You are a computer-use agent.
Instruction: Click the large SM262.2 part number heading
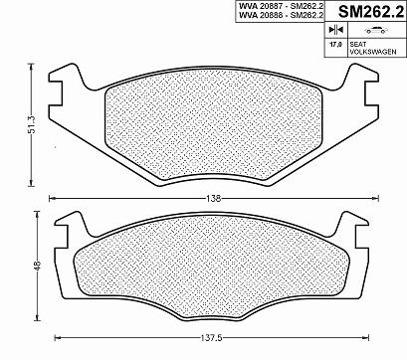(x=371, y=12)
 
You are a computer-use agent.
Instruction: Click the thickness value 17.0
(x=335, y=44)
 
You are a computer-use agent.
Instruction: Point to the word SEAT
(x=357, y=44)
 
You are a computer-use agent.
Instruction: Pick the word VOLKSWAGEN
(x=373, y=52)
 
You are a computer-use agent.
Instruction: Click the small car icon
(x=376, y=30)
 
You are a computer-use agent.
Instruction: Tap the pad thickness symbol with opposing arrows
(x=335, y=30)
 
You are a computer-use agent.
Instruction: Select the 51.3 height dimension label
(x=32, y=124)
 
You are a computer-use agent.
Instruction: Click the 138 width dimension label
(x=214, y=199)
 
